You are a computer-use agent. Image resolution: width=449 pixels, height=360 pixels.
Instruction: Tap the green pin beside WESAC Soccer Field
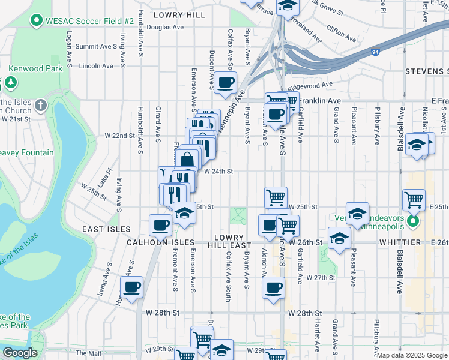pos(36,21)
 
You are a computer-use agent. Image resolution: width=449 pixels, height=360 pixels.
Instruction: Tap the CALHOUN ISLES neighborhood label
pos(160,242)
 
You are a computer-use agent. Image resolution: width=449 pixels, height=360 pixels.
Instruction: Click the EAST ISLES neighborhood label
pos(106,229)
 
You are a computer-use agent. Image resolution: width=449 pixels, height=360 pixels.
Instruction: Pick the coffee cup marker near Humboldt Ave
pos(132,287)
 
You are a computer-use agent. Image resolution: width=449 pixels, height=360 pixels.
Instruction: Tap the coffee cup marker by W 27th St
pos(274,287)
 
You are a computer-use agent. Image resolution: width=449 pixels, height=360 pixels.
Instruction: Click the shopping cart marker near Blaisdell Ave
pos(414,200)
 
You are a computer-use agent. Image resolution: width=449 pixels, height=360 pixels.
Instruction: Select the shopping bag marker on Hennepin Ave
pos(187,159)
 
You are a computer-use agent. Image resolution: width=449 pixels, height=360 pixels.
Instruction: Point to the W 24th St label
pos(218,171)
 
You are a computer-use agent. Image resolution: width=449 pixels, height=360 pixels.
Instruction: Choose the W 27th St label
pos(320,278)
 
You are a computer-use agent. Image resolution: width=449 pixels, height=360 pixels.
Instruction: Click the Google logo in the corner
pos(19,353)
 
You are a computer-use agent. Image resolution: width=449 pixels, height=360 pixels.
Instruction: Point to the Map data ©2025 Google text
pos(411,355)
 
